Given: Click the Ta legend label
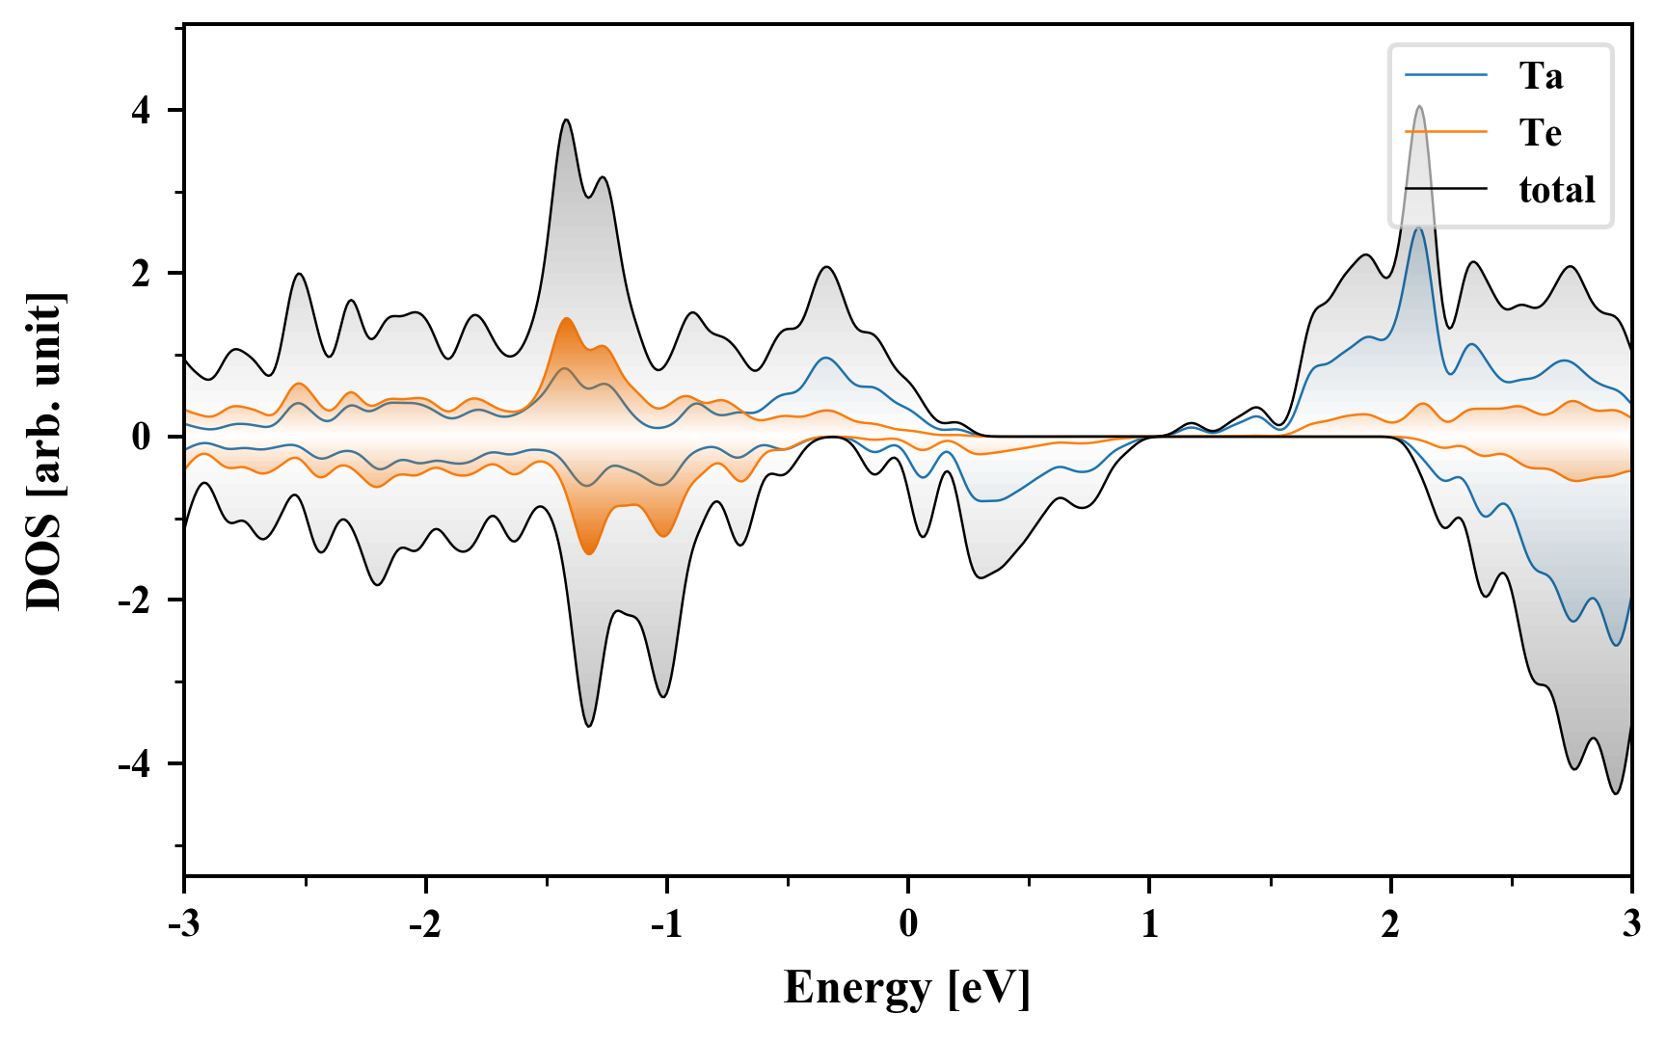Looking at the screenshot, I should (1541, 75).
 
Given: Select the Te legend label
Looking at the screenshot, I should (1540, 132).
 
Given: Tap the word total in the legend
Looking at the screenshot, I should (1556, 189).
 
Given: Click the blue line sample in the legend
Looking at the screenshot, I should (1446, 75).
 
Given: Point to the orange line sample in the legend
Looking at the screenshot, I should (1446, 132).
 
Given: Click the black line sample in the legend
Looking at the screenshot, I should (1446, 189).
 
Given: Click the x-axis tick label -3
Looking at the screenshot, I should (183, 923).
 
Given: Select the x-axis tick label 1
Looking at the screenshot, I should (1149, 923).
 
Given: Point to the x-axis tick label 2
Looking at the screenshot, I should (1390, 923).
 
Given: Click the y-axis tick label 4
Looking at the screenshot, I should (142, 111).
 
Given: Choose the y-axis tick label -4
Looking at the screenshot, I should (135, 764).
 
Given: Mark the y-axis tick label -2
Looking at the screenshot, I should (135, 601).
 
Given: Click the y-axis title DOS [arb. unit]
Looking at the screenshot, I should (44, 451).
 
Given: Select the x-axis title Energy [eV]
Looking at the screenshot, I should (907, 988).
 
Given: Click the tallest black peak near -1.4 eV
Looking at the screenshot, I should (566, 120).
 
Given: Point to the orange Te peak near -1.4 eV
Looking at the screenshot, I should (566, 319).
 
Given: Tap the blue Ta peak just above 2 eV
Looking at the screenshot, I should (1417, 228).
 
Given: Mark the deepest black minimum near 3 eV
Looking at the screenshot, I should (1616, 793).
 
